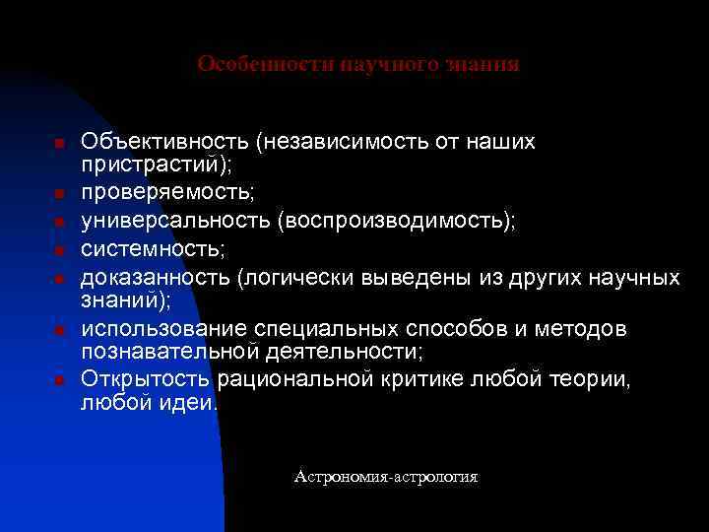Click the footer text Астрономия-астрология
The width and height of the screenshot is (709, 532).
tap(386, 477)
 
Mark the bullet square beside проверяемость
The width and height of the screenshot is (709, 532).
tap(59, 192)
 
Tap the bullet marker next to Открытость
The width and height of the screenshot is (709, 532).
tap(59, 380)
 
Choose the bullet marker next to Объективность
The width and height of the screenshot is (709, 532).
tap(59, 145)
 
